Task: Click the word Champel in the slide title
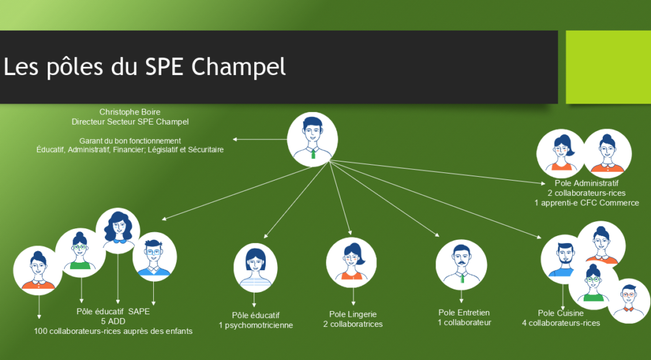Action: click(x=238, y=67)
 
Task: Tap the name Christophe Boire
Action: click(x=130, y=112)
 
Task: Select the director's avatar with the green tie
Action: click(x=312, y=139)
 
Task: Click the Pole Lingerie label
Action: click(x=353, y=314)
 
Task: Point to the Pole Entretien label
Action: click(x=464, y=313)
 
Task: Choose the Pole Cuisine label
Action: click(x=561, y=313)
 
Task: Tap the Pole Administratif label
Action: click(x=586, y=183)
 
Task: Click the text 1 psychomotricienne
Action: click(x=256, y=325)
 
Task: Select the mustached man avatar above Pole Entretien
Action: click(x=462, y=265)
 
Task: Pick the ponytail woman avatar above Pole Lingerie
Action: click(x=351, y=263)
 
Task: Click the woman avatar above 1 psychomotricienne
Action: click(x=256, y=268)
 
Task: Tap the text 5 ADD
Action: click(x=113, y=321)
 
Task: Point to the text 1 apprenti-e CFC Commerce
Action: click(x=587, y=203)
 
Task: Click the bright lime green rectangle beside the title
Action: click(x=608, y=67)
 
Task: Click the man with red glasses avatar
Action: click(x=629, y=301)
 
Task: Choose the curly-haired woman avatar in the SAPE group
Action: click(x=118, y=231)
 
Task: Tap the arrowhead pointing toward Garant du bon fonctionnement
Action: click(x=235, y=139)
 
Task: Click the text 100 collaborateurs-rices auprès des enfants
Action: click(x=113, y=331)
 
